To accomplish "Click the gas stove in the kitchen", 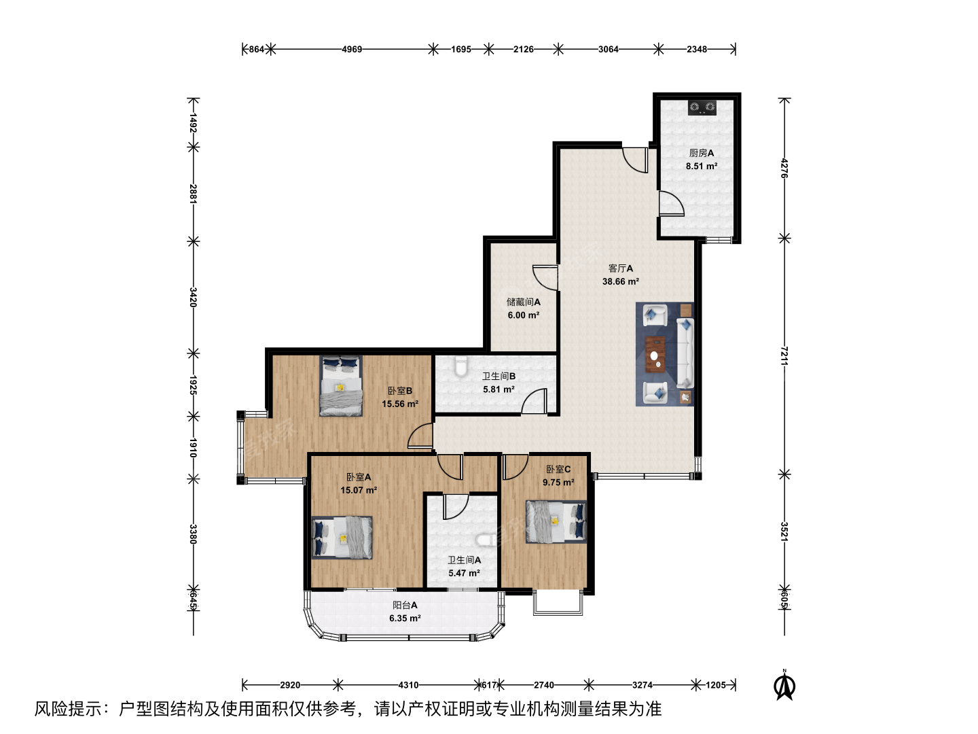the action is point(702,107).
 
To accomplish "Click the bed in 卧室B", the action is point(341,386).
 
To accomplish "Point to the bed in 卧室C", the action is point(556,521).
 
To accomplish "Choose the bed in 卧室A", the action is point(342,538).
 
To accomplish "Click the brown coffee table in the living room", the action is point(655,354).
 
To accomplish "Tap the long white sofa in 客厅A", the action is point(685,353).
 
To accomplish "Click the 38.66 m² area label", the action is point(621,281).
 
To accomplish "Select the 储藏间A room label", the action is point(524,302).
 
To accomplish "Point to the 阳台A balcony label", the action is point(405,605).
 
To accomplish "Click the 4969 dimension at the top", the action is point(352,49).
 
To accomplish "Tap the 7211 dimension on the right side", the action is point(784,356).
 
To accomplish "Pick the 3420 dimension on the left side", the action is point(193,297).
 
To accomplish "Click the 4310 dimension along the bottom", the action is point(408,684).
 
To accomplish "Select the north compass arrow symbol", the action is point(784,686).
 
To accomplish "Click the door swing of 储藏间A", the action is point(545,277).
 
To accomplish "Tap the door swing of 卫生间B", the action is point(534,401).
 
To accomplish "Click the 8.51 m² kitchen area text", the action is point(702,167).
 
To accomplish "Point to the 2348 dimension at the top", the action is point(696,49).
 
